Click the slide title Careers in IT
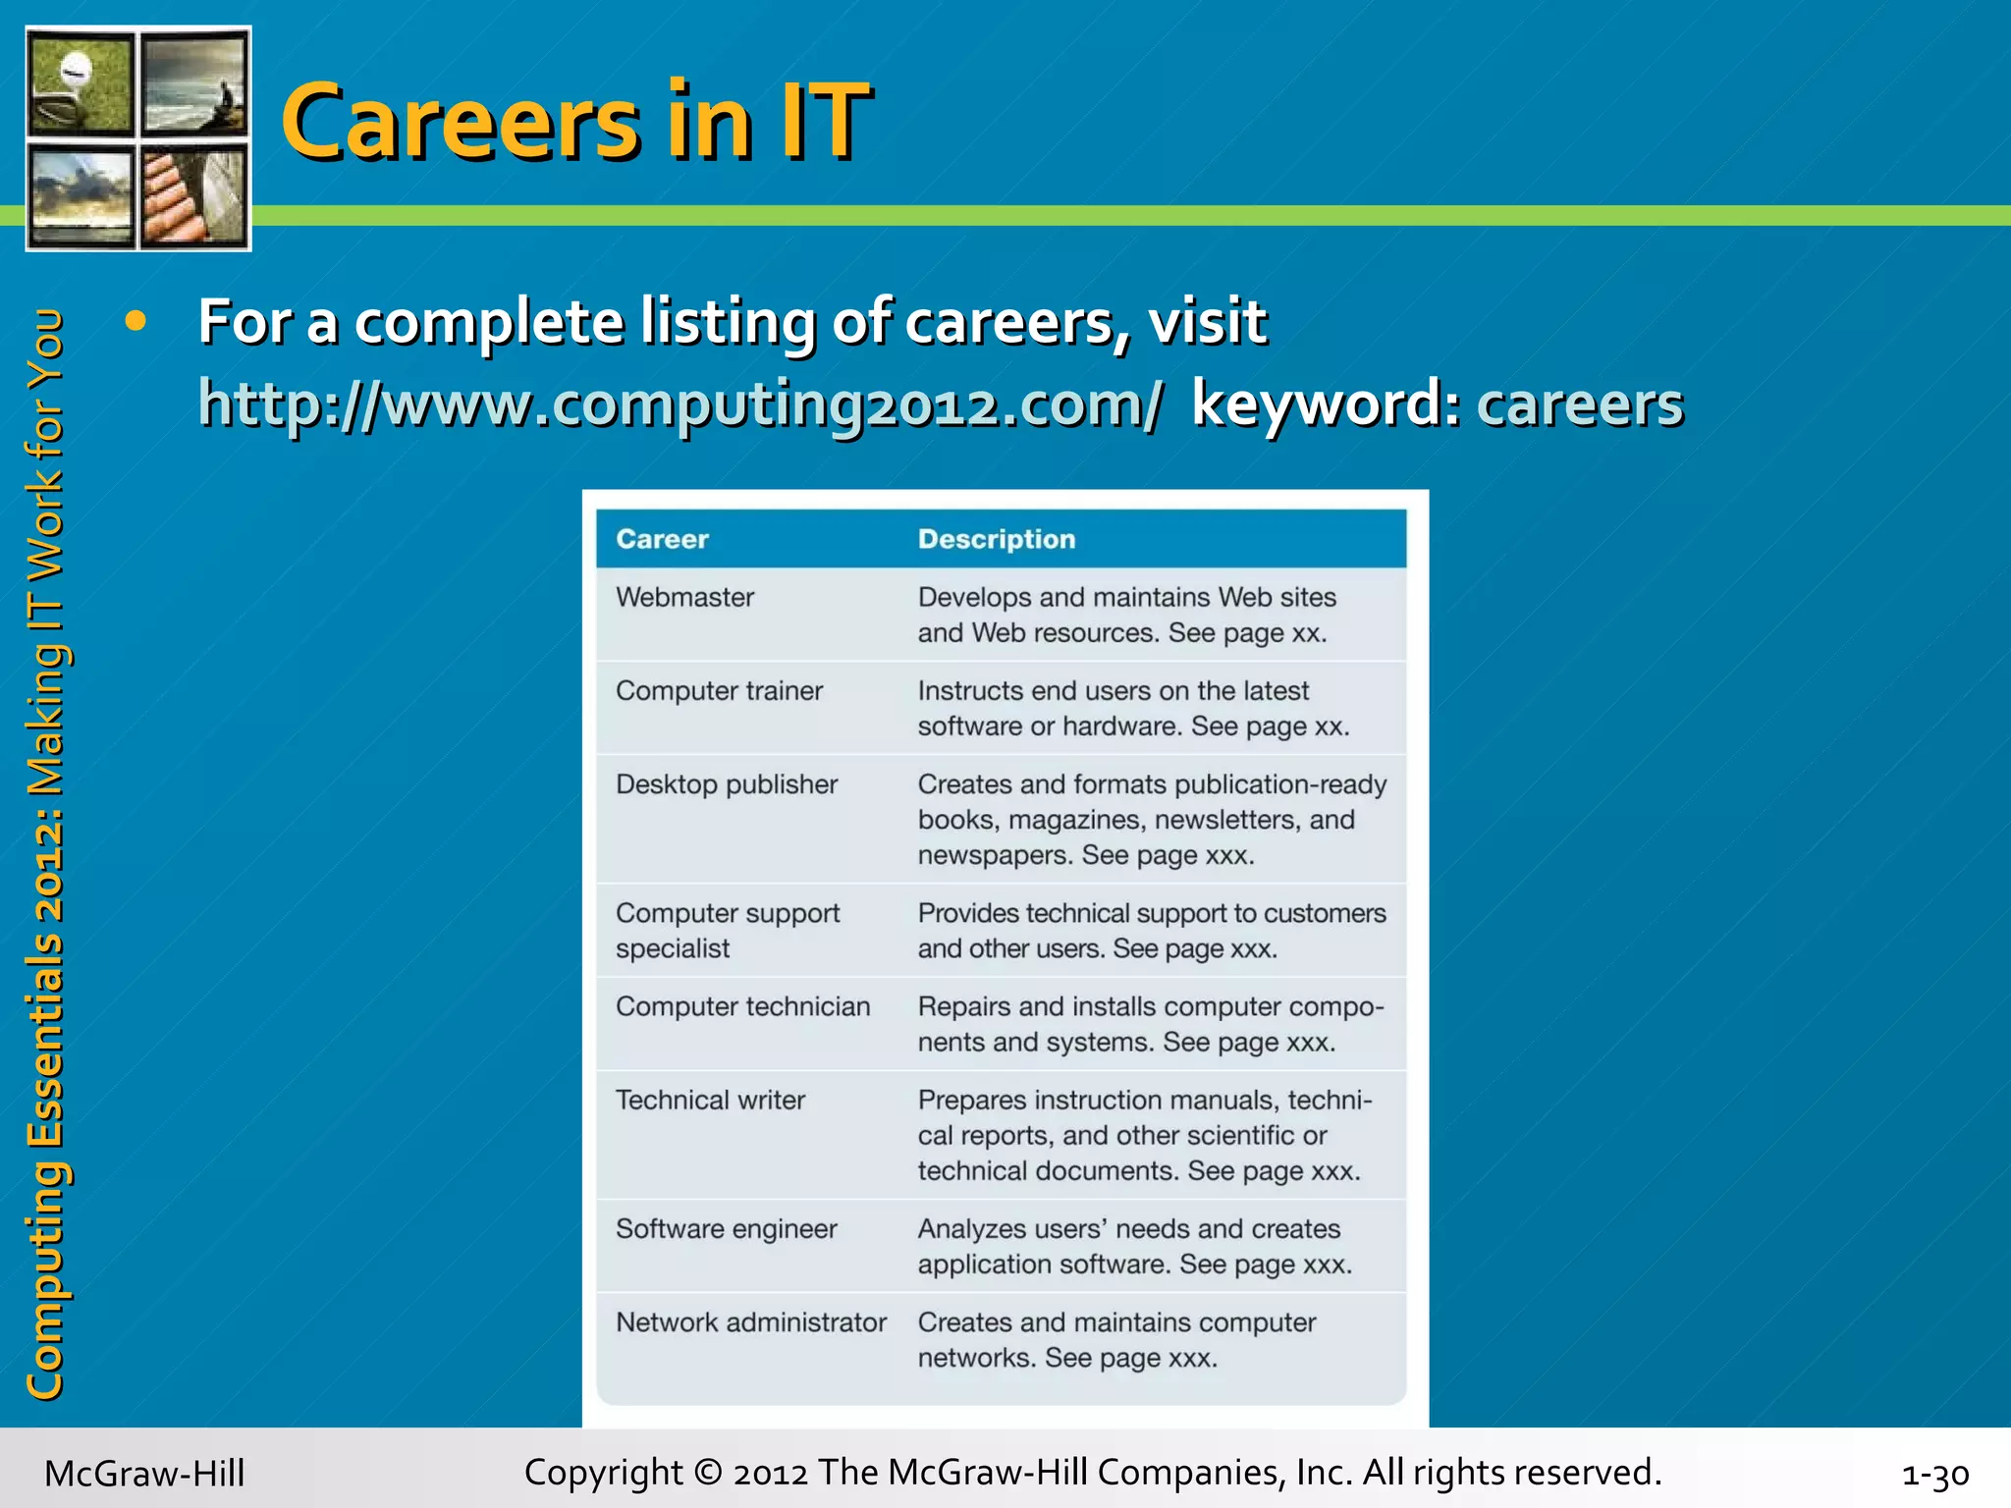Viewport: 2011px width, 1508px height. [x=575, y=122]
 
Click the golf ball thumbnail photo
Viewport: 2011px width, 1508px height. [x=81, y=83]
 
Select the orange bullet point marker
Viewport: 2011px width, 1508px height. [x=136, y=321]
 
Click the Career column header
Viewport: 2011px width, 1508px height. [x=662, y=539]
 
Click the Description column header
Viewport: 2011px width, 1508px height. [x=996, y=539]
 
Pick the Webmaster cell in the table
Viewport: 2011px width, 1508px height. [x=684, y=597]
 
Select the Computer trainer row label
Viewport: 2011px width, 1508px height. [x=719, y=690]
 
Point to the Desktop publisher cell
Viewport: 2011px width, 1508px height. [x=726, y=784]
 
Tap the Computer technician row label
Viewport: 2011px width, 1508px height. [x=742, y=1006]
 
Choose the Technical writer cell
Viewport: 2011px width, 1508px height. [x=710, y=1100]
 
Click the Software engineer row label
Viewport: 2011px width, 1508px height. [x=726, y=1229]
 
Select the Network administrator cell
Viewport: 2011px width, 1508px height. [x=750, y=1322]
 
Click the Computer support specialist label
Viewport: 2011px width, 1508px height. [x=727, y=930]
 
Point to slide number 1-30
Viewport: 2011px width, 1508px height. [x=1934, y=1474]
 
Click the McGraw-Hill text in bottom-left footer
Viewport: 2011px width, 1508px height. [x=144, y=1474]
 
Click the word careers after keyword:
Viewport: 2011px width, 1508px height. [x=1579, y=404]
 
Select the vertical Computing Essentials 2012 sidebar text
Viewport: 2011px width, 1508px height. [x=45, y=854]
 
